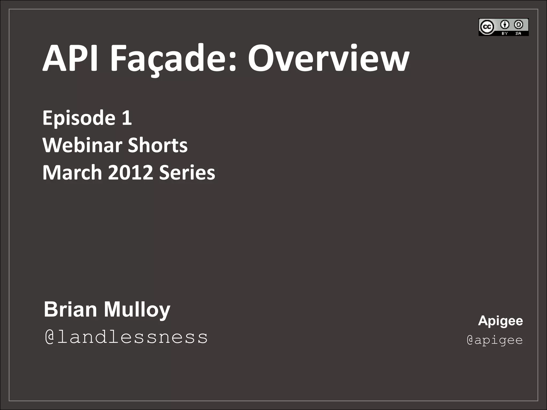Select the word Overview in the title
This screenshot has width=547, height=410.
(x=328, y=58)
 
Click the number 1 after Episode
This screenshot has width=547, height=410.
(x=127, y=118)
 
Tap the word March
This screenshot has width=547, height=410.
(x=72, y=172)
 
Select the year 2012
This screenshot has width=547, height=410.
(x=131, y=172)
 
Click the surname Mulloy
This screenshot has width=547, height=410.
(x=137, y=310)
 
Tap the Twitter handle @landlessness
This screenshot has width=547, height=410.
(x=126, y=337)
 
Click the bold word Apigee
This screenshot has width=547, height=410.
(x=500, y=321)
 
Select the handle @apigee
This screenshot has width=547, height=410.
(x=495, y=340)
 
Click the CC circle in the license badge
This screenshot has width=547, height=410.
(x=487, y=27)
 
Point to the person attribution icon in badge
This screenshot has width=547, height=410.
(x=505, y=25)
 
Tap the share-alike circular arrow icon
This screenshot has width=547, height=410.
(x=518, y=25)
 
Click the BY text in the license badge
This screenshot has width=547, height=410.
(x=505, y=33)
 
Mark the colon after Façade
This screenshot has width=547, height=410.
(x=232, y=62)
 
